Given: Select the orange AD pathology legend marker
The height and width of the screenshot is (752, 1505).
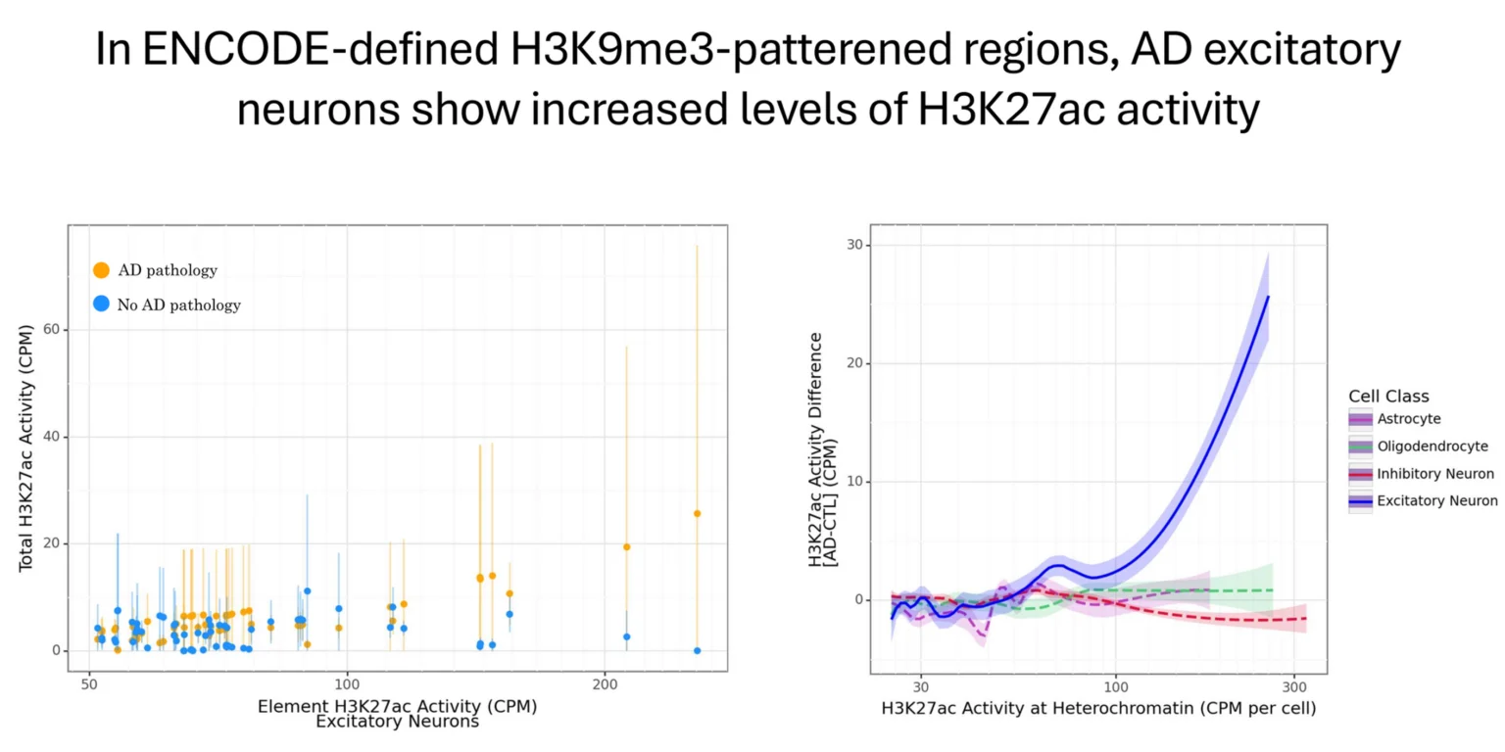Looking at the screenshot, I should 101,270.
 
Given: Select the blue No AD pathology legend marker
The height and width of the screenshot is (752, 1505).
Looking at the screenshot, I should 101,305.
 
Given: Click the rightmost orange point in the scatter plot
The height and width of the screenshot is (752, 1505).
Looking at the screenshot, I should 697,513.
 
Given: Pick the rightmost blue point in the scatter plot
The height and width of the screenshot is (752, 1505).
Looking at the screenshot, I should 697,650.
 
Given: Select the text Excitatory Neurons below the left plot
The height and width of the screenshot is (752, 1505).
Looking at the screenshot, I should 397,723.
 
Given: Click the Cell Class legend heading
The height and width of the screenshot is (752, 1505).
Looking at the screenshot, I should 1388,397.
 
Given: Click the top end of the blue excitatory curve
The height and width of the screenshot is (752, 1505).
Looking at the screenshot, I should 1268,297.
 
